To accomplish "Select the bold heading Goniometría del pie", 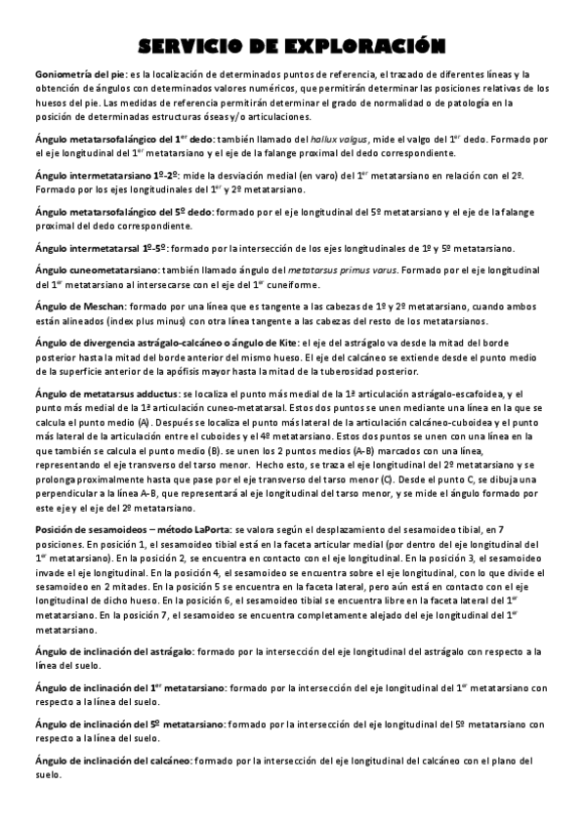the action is pos(80,74).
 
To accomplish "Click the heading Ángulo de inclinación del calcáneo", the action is pos(111,761).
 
